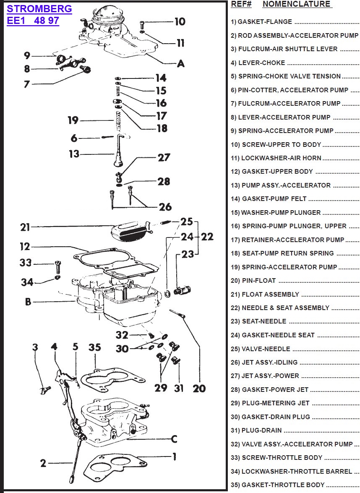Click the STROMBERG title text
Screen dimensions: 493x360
point(39,9)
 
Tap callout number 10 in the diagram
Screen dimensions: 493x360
point(180,21)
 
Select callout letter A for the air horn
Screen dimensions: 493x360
point(180,63)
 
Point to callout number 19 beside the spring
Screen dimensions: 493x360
point(73,120)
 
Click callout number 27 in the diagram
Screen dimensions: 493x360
point(164,157)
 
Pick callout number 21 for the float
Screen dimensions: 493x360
point(25,227)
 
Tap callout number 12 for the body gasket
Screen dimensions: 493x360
point(25,247)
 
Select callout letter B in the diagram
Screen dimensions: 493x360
point(28,301)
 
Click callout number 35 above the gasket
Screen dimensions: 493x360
point(95,347)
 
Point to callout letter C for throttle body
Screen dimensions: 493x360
point(174,439)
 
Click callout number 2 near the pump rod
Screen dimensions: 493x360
point(43,463)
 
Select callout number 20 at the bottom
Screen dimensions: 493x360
point(199,388)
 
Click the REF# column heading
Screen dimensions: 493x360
point(241,4)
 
